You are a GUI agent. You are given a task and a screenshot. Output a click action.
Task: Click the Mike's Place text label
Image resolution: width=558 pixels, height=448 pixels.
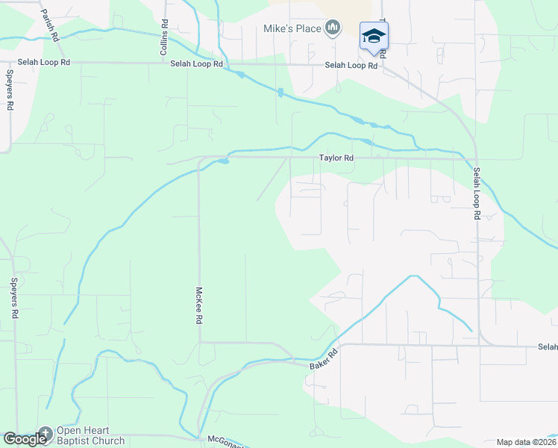pos(292,29)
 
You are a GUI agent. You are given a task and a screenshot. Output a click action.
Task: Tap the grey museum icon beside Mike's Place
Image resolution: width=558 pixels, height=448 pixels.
pos(333,29)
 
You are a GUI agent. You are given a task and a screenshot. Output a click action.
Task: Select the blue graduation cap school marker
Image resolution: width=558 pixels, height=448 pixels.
pos(374,36)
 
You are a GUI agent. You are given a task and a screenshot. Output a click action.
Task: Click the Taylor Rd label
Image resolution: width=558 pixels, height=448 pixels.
pos(336,158)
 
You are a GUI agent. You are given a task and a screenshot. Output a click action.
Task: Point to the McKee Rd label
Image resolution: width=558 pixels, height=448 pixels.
pos(199,306)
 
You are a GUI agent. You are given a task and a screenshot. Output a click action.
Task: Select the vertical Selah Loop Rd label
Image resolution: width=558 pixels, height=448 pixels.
pos(477,193)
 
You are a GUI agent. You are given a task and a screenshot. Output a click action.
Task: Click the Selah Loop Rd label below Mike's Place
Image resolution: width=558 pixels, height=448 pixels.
pos(351,66)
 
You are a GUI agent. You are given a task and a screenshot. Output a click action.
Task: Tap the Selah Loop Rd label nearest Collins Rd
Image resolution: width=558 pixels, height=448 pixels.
pos(197,64)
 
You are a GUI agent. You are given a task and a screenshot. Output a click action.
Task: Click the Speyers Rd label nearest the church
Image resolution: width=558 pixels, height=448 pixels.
pos(13,299)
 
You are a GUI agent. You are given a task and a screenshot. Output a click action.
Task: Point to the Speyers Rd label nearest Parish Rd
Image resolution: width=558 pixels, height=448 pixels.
pos(10,90)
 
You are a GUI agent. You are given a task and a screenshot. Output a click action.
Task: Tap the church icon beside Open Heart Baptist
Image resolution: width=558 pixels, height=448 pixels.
pos(45,432)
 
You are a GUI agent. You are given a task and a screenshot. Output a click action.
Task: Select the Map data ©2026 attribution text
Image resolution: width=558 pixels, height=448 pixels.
pos(525,442)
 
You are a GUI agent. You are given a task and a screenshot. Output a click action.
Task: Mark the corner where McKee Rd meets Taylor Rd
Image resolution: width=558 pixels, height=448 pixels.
pos(199,159)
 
